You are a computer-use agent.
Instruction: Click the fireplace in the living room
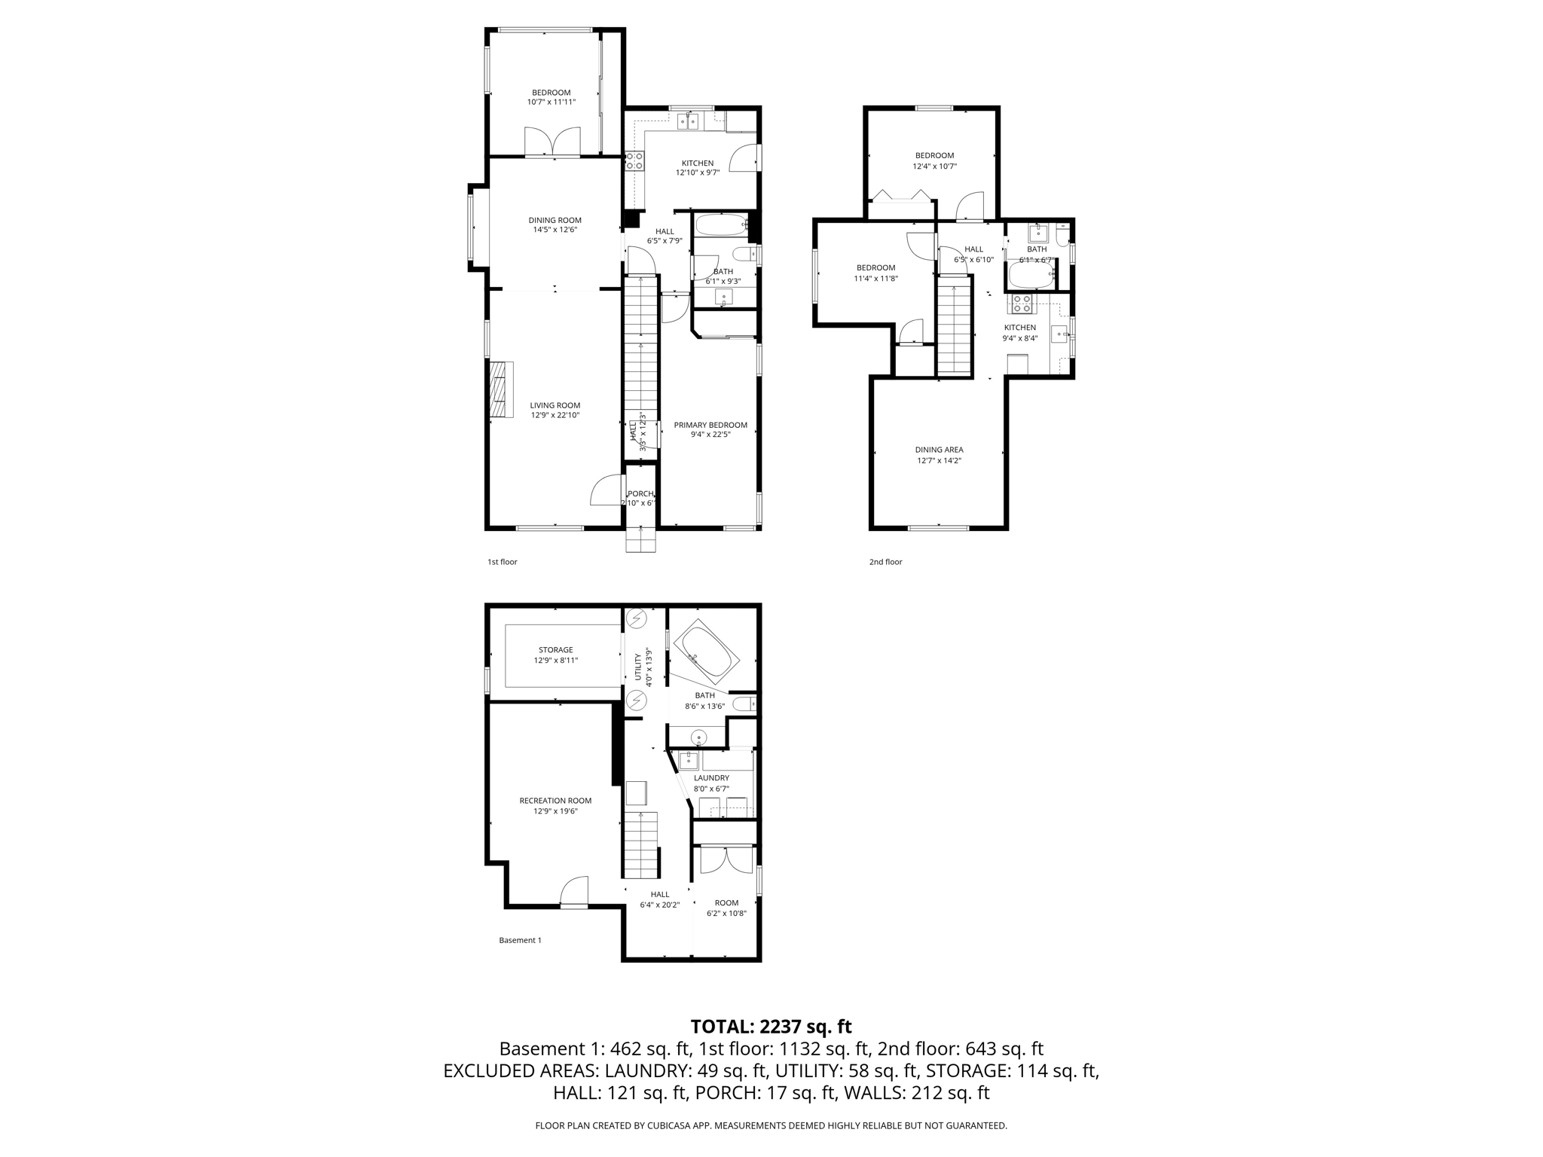click(500, 389)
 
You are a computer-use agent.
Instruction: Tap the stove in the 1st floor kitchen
click(634, 160)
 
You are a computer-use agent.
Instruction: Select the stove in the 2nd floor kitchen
click(1022, 304)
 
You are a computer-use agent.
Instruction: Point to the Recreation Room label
click(555, 801)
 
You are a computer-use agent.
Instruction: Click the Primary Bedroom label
click(710, 425)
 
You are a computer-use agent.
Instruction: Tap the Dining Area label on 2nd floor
click(940, 450)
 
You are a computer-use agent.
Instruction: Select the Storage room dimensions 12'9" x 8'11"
click(556, 661)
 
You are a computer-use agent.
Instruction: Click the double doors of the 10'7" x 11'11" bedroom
click(552, 142)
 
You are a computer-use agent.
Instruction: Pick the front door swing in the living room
click(607, 490)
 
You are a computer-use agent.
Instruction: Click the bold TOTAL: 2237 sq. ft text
click(771, 1027)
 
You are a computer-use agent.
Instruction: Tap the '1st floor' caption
click(503, 562)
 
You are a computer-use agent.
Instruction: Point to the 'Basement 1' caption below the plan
click(520, 940)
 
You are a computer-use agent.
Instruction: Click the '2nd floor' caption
click(885, 562)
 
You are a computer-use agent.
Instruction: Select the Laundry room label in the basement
click(711, 778)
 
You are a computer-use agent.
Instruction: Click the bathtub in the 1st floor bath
click(720, 224)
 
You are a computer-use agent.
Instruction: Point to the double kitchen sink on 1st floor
click(689, 121)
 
